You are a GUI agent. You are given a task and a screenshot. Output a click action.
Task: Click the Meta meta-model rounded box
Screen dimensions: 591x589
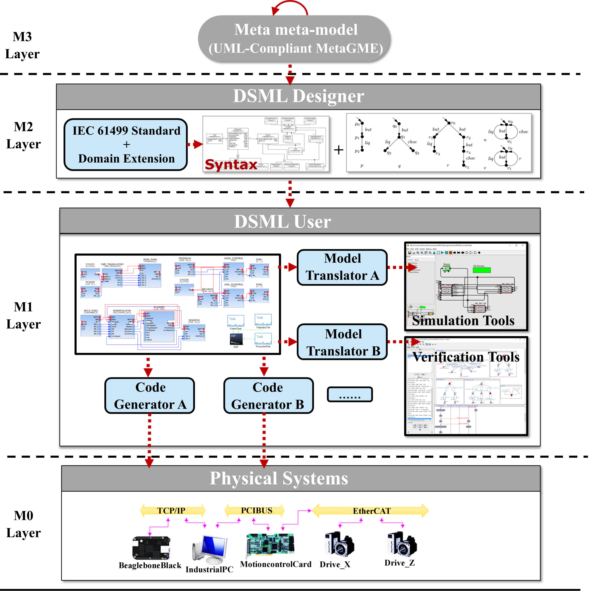click(x=294, y=39)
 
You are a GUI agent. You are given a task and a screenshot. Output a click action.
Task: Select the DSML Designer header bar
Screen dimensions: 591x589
click(x=299, y=97)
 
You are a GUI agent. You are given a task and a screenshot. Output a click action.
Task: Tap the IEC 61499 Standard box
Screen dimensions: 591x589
click(x=125, y=144)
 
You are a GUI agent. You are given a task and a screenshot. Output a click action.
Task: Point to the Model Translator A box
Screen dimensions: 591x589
click(x=342, y=267)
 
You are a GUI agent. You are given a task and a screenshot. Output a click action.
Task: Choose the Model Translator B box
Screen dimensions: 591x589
click(x=342, y=342)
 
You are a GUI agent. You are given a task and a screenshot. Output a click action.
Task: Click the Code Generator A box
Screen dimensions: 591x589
click(x=150, y=396)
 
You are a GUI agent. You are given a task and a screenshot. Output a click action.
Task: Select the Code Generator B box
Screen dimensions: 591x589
click(x=268, y=396)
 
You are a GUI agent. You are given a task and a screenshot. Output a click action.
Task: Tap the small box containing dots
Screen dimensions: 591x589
click(x=350, y=394)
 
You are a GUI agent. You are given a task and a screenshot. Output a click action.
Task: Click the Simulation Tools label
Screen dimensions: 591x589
click(x=463, y=320)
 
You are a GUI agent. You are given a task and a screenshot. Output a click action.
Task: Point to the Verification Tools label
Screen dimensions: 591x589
click(x=465, y=357)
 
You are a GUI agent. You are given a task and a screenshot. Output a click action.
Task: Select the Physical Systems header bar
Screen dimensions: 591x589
click(x=301, y=478)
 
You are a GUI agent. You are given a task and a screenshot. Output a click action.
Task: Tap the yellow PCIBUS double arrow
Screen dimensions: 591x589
click(x=254, y=510)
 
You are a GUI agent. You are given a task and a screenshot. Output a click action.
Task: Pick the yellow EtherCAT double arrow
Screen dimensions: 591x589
click(x=371, y=511)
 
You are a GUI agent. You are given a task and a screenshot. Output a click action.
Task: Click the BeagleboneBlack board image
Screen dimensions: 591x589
click(x=151, y=548)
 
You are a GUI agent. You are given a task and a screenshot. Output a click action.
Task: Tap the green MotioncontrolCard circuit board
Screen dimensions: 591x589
click(x=270, y=545)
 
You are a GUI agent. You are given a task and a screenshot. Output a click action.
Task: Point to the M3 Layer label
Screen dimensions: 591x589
click(x=22, y=45)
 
